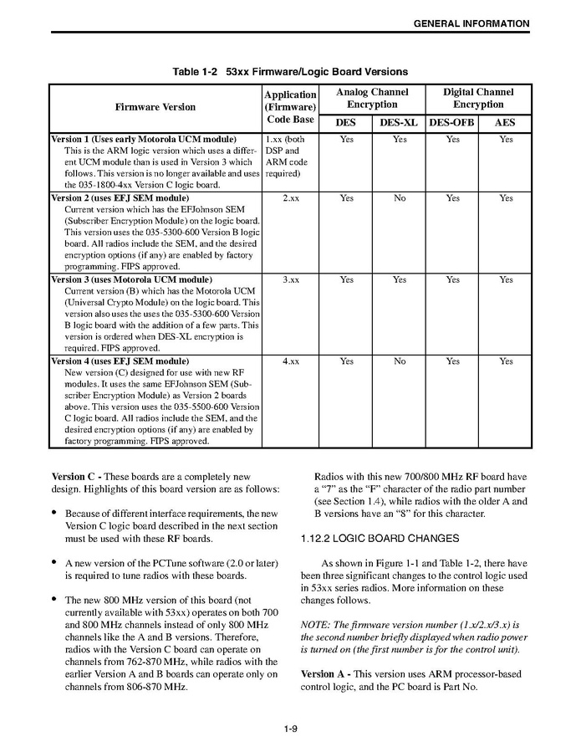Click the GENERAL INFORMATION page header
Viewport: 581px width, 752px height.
(471, 23)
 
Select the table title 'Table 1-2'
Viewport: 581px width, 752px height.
(196, 72)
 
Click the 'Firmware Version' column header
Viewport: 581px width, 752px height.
(155, 107)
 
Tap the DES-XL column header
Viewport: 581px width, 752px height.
(399, 122)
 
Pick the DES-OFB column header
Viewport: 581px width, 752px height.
(452, 122)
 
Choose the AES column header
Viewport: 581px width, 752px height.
(505, 122)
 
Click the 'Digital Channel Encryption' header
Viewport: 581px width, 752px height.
(478, 99)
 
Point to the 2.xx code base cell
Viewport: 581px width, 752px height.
(290, 199)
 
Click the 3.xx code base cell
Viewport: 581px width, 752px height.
(290, 280)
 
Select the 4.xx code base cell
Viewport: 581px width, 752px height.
(290, 361)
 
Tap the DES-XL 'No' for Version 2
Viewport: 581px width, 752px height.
(400, 199)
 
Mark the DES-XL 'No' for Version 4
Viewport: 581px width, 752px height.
(400, 361)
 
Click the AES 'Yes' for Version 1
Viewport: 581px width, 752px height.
(505, 140)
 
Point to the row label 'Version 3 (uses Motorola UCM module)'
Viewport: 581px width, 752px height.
(131, 280)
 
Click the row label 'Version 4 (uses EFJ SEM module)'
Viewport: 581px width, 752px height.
(120, 361)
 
